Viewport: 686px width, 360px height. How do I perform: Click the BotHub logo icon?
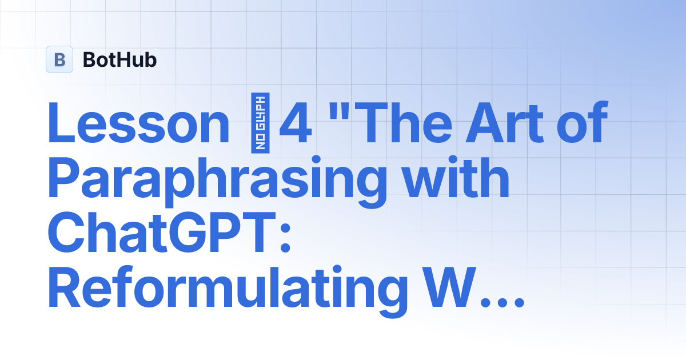[59, 59]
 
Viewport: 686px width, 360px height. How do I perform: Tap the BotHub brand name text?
[119, 59]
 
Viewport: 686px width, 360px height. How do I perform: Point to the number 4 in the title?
[296, 124]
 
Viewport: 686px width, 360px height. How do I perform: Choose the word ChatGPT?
[158, 234]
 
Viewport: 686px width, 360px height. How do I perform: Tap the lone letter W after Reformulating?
[450, 290]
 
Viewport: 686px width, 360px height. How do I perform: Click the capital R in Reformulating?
[65, 290]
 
